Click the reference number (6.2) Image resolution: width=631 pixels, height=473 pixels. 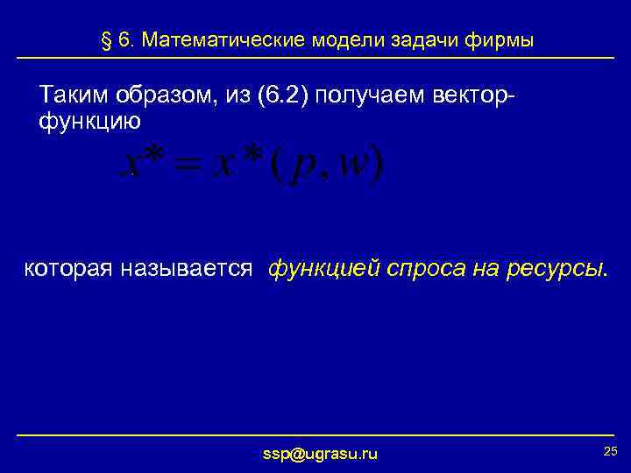pyautogui.click(x=279, y=95)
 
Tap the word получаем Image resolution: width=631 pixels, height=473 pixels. pyautogui.click(x=372, y=95)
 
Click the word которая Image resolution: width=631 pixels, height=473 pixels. pyautogui.click(x=68, y=268)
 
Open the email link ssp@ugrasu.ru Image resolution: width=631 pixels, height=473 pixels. pyautogui.click(x=320, y=453)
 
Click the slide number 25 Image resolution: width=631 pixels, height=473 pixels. pyautogui.click(x=611, y=450)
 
